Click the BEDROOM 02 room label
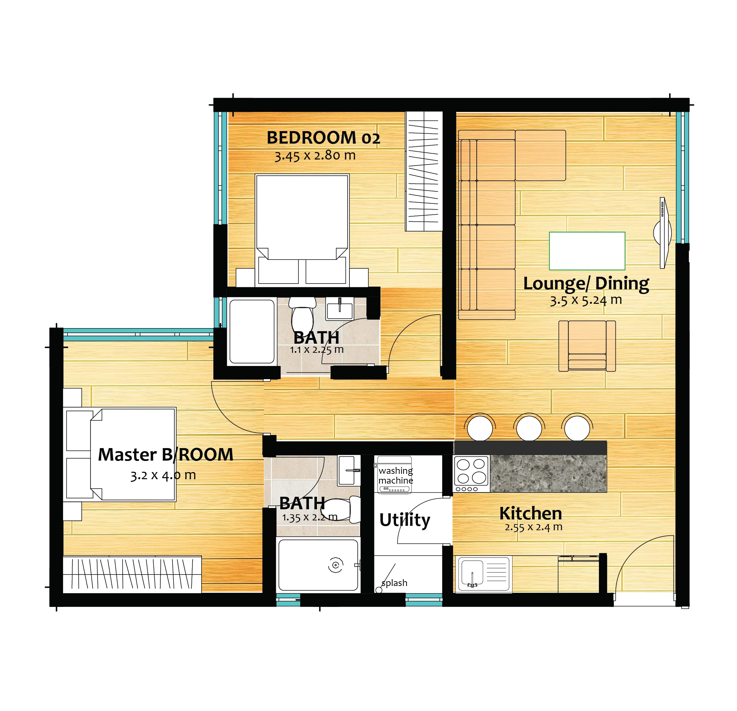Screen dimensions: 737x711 pyautogui.click(x=323, y=138)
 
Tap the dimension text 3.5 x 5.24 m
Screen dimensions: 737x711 pyautogui.click(x=586, y=300)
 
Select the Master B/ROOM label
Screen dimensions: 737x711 pyautogui.click(x=165, y=455)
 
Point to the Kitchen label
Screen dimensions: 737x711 pyautogui.click(x=531, y=513)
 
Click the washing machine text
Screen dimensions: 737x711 pyautogui.click(x=396, y=475)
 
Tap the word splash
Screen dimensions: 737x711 pyautogui.click(x=394, y=583)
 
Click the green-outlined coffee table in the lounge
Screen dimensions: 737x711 pyautogui.click(x=587, y=251)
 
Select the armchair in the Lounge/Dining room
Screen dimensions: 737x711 pyautogui.click(x=587, y=346)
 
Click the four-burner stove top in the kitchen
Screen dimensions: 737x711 pyautogui.click(x=471, y=474)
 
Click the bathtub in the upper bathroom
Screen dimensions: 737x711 pyautogui.click(x=252, y=332)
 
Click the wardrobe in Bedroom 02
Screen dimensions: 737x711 pyautogui.click(x=424, y=171)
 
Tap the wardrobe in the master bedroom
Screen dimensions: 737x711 pyautogui.click(x=132, y=574)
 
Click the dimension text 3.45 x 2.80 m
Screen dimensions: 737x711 pyautogui.click(x=315, y=155)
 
